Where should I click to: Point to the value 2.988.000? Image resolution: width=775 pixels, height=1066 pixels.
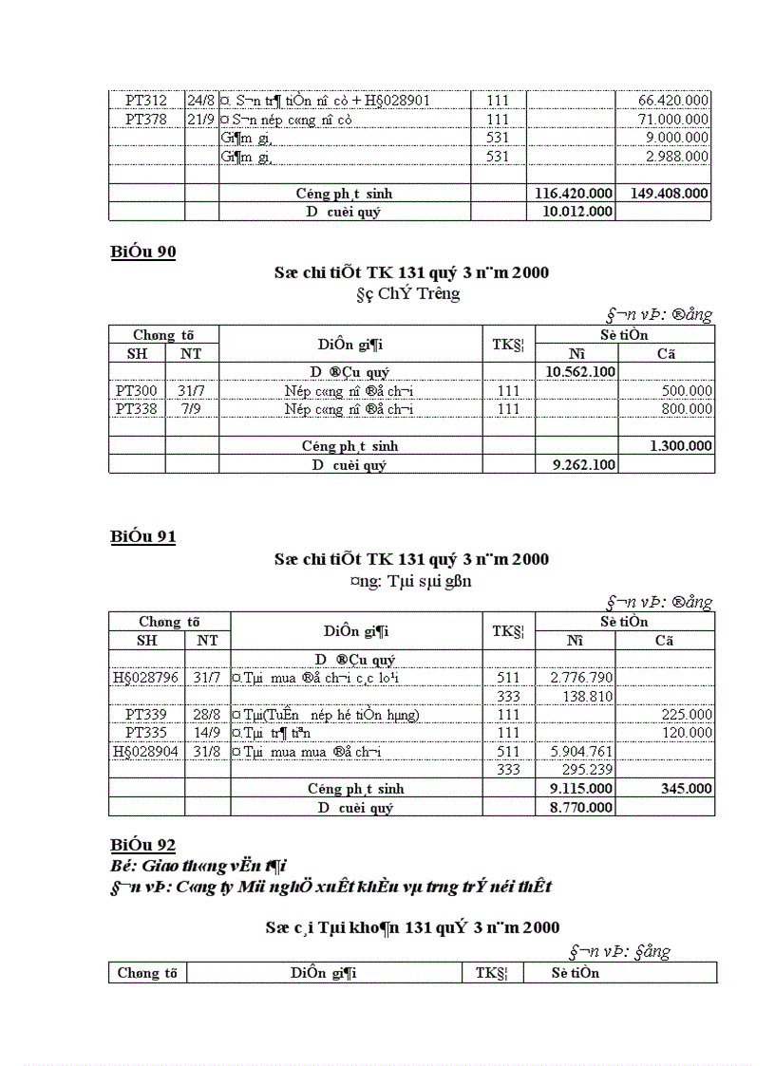(x=676, y=157)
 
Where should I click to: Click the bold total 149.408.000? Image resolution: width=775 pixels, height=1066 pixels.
(x=669, y=194)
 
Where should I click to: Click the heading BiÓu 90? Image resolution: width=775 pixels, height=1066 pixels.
(x=142, y=252)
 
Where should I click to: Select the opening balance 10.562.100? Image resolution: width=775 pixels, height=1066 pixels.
(x=580, y=372)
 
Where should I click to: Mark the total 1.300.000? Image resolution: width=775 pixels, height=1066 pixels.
(x=680, y=446)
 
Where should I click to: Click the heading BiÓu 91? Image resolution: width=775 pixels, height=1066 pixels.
(x=142, y=537)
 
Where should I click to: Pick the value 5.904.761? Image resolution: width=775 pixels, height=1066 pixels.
(x=581, y=752)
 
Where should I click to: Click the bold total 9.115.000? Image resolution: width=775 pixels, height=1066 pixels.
(x=580, y=789)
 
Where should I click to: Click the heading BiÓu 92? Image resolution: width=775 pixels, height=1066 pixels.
(x=142, y=845)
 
